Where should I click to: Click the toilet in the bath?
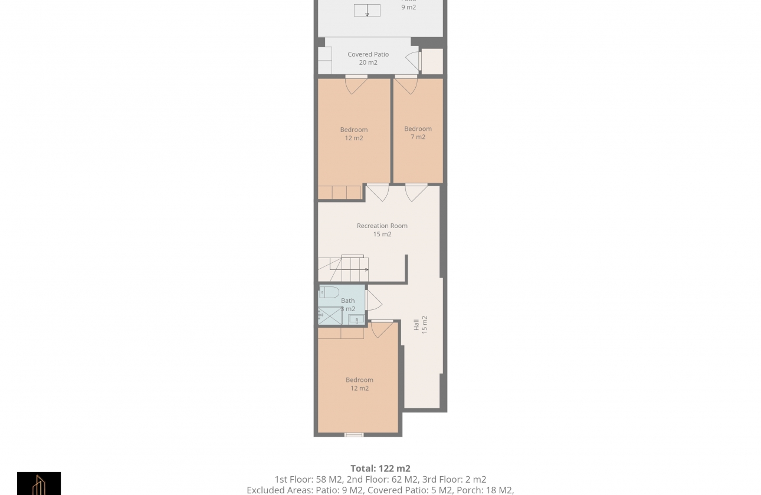coord(329,292)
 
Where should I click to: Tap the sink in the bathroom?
coord(355,320)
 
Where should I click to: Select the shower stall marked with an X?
coord(330,316)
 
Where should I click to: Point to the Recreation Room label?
coord(382,226)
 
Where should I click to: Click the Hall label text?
coord(416,325)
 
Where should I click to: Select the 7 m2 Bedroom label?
coord(418,133)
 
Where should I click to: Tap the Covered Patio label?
coord(368,54)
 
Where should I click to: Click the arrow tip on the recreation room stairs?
coord(366,270)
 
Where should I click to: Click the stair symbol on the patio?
coord(367,11)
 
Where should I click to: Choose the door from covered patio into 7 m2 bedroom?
coord(406,85)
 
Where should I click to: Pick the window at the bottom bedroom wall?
coord(354,435)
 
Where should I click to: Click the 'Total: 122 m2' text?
coord(380,469)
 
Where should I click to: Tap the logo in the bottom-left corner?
coord(39,483)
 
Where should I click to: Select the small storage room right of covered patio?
coord(432,62)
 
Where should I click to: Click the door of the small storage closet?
coord(414,61)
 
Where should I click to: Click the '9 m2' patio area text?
coord(408,7)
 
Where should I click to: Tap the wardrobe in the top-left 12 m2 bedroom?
coord(339,193)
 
